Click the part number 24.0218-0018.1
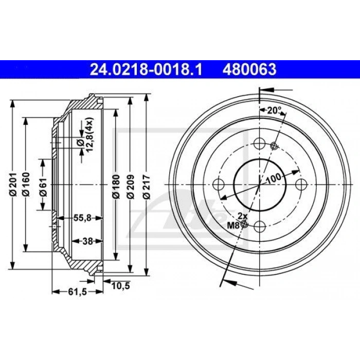point(146,69)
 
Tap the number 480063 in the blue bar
point(249,69)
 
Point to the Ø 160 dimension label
point(26,184)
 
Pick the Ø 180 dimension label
point(116,186)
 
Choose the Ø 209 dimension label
point(131,186)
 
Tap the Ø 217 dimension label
point(146,186)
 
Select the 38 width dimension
point(87,241)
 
